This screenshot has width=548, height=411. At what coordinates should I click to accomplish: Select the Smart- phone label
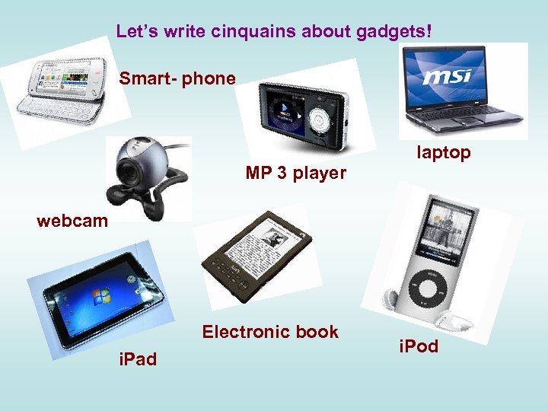click(177, 79)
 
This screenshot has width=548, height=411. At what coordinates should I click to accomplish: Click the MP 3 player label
click(296, 174)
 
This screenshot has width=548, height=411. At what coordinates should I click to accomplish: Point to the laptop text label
click(444, 153)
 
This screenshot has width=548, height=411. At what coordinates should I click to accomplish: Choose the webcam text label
click(72, 221)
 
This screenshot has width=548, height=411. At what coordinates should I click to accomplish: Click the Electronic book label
click(270, 332)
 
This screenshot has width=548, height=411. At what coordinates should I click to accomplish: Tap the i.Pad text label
click(138, 358)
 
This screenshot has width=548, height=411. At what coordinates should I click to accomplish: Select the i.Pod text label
click(419, 346)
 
